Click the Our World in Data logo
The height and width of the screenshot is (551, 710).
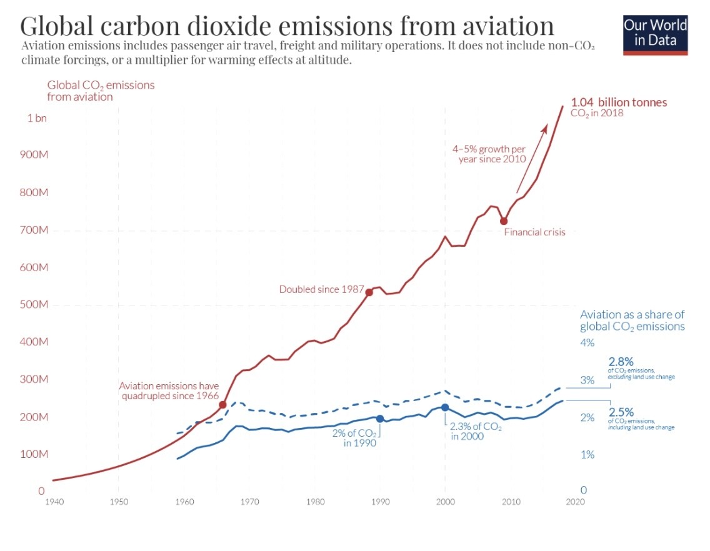656,34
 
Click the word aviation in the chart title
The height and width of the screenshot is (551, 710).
502,26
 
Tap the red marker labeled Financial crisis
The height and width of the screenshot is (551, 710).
504,221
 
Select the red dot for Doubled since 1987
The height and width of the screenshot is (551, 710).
369,292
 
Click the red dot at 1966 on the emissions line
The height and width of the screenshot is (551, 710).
222,405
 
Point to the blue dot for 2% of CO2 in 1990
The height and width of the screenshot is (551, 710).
380,419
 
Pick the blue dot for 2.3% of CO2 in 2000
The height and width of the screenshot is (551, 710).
445,407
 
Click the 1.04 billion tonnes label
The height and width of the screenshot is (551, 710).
619,102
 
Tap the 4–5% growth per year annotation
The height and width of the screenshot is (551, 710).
489,154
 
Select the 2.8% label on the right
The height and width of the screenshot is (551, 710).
621,362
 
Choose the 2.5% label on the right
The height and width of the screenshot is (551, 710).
621,412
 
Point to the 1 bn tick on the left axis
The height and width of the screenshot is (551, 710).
37,119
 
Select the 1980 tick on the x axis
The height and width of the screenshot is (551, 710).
315,502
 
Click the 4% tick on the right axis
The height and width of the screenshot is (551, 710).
587,343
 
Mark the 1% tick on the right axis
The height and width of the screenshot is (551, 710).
587,455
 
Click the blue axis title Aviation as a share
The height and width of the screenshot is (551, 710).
632,320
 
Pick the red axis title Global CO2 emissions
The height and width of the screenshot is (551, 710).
101,91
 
